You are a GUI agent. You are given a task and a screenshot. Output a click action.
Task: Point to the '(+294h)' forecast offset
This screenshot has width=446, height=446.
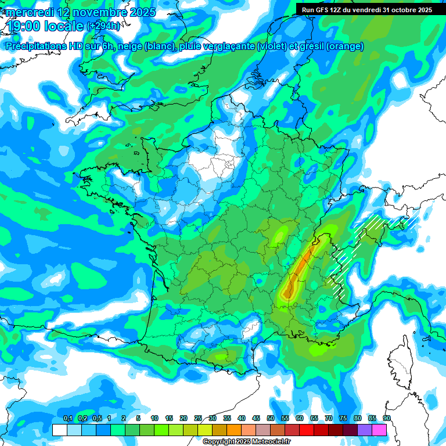click(103, 26)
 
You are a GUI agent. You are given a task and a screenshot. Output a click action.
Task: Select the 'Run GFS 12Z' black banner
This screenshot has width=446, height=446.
click(367, 9)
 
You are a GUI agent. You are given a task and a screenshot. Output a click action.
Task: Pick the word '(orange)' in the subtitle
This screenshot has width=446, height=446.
click(344, 46)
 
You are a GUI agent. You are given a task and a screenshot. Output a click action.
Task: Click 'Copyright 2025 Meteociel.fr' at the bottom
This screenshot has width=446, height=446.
click(247, 442)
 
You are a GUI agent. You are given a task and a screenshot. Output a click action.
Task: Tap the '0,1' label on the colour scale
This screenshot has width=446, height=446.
click(67, 419)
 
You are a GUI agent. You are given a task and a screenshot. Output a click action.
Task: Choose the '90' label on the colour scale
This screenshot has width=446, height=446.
click(386, 419)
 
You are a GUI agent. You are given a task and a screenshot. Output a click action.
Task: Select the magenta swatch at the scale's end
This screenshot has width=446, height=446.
click(379, 430)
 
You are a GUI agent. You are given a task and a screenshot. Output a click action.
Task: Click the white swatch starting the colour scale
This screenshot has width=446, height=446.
click(59, 430)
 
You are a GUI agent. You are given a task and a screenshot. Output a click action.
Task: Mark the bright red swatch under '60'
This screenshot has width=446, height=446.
click(307, 430)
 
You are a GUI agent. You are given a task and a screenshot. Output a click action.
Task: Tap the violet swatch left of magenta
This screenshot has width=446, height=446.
click(365, 430)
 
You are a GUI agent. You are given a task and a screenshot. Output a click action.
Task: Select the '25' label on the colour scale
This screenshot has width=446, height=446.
click(198, 419)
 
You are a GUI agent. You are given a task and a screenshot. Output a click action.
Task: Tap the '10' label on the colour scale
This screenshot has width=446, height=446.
click(154, 419)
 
